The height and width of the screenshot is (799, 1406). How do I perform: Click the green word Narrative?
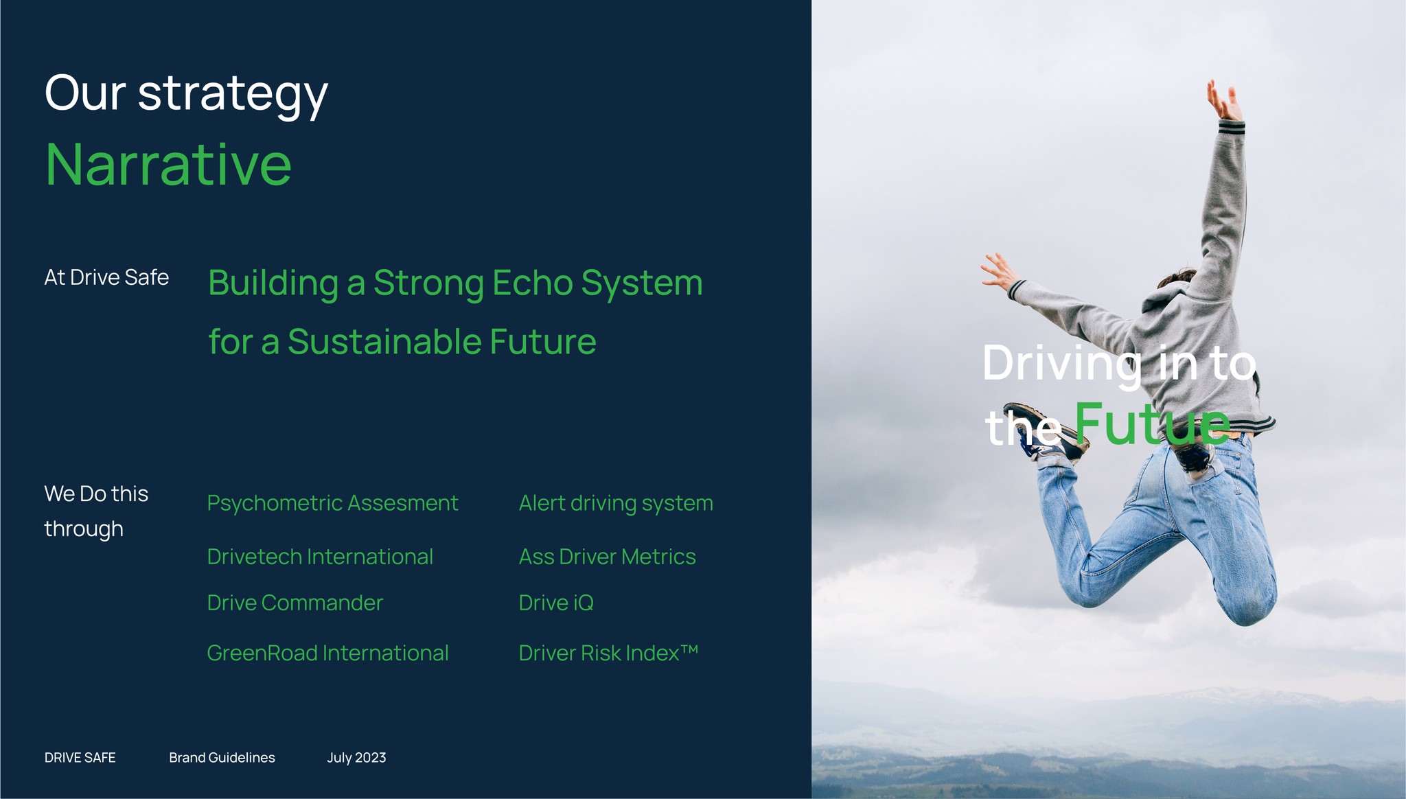tap(168, 165)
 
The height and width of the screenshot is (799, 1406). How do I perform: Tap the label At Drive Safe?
tap(106, 277)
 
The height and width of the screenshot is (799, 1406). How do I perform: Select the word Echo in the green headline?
tap(532, 283)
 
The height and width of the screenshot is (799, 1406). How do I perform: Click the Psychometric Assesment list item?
tap(332, 504)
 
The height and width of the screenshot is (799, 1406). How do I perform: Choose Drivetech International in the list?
tap(320, 557)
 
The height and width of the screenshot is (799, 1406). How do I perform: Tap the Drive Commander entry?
tap(295, 603)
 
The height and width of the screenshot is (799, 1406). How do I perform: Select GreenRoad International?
tap(327, 653)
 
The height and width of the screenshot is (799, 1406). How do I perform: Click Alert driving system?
tap(616, 504)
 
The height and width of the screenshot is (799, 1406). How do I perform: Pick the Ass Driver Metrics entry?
tap(607, 557)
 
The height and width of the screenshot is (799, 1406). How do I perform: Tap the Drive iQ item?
tap(556, 603)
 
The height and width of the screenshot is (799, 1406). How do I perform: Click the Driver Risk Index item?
tap(608, 653)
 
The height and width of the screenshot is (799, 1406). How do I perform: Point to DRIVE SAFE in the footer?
tap(80, 758)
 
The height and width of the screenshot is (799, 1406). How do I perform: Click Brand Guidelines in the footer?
tap(222, 758)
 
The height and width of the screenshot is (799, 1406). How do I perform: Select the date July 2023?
tap(356, 758)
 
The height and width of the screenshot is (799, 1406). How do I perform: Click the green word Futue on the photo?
tap(1153, 424)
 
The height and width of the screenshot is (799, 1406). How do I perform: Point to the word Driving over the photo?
tap(1062, 364)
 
